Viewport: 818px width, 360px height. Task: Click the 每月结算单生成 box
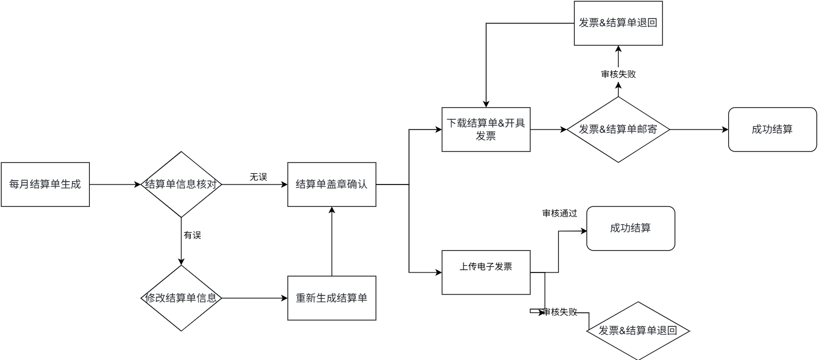45,184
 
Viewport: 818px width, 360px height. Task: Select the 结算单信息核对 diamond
181,184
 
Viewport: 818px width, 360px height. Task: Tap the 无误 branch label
258,177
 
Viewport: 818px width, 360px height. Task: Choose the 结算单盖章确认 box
332,184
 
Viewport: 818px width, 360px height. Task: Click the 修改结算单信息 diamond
181,298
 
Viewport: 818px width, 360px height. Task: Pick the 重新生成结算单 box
332,298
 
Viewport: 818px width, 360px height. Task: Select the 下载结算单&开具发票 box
486,130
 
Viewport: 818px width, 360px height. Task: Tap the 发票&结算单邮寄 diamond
618,130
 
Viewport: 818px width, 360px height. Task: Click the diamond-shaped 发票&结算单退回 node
638,330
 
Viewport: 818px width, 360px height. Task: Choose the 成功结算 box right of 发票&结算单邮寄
772,130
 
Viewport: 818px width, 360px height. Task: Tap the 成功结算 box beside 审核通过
631,228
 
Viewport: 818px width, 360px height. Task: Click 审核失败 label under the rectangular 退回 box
618,74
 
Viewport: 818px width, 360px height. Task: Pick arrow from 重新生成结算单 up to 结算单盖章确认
332,241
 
